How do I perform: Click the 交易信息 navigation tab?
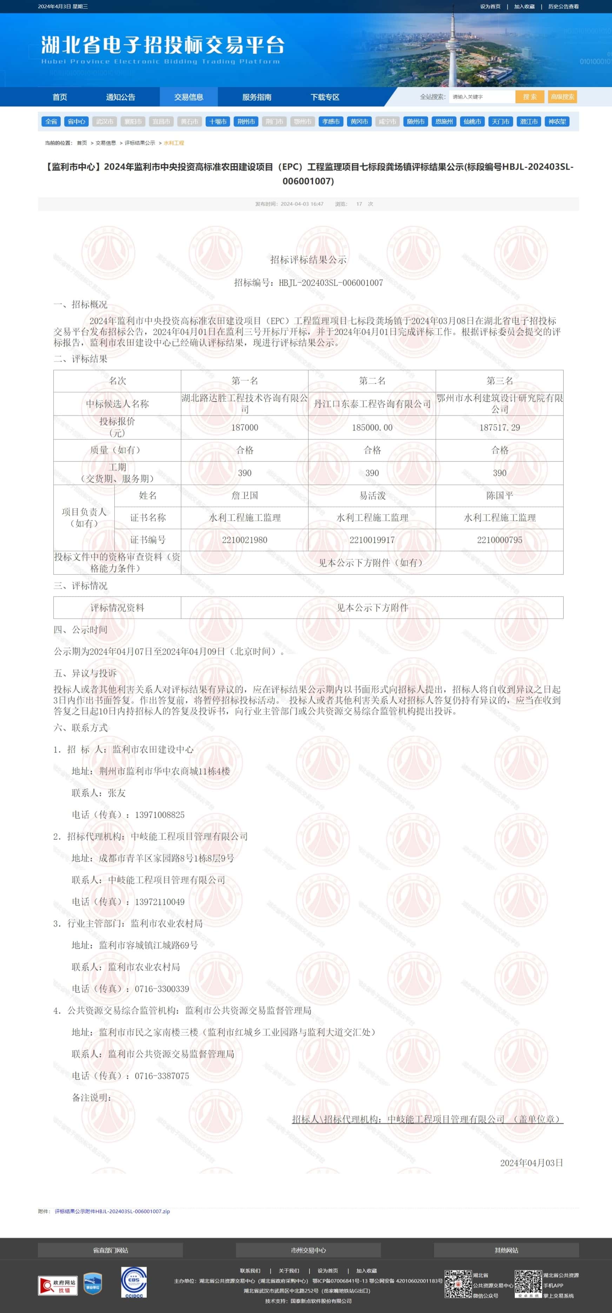[188, 97]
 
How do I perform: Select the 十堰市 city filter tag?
[218, 122]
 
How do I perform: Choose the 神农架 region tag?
[557, 122]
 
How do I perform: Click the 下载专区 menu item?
[325, 97]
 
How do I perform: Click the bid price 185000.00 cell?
[372, 427]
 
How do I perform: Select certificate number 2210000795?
[499, 540]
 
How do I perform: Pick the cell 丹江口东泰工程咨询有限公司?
[372, 404]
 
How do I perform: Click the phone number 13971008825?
[160, 815]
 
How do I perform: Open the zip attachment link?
[112, 1211]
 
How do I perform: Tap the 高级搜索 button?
[562, 97]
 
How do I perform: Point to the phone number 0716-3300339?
[161, 989]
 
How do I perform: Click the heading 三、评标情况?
[80, 586]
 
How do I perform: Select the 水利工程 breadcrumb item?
[174, 143]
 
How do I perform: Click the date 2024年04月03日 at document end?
[532, 1163]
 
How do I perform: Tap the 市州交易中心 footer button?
[308, 1250]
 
